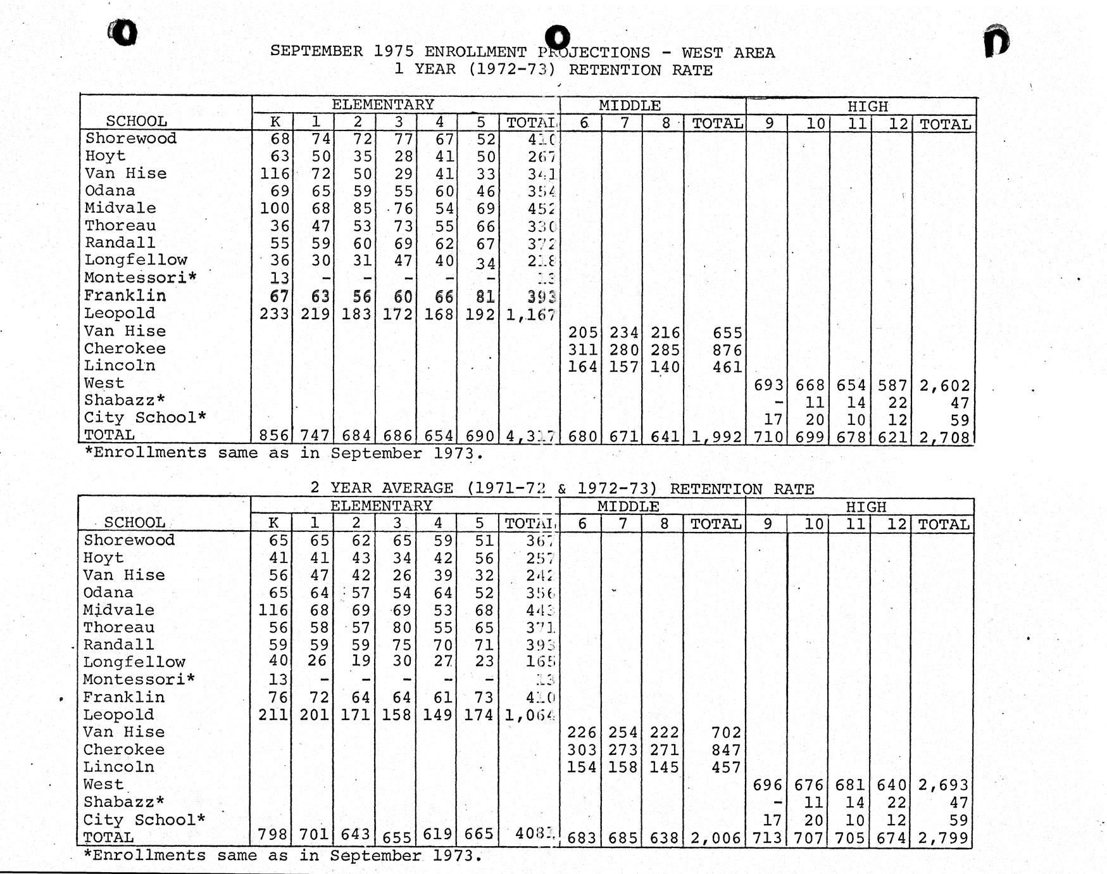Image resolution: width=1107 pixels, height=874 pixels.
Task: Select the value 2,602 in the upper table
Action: coord(944,386)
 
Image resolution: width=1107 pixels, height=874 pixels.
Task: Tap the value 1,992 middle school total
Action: coord(716,436)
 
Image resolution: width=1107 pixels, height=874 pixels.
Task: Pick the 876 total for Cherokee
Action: coord(727,350)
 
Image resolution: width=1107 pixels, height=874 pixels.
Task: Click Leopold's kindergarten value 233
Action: coord(274,314)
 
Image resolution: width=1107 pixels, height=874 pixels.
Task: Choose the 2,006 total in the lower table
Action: coord(715,839)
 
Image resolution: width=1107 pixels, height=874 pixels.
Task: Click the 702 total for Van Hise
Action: coord(725,733)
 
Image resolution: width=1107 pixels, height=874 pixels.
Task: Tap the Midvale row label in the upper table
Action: coord(120,208)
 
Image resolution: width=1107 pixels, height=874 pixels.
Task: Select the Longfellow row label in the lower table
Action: coord(134,662)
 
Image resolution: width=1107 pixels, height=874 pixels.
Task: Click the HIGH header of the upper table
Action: coord(867,106)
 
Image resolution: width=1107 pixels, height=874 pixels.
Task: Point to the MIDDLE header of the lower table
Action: coord(628,507)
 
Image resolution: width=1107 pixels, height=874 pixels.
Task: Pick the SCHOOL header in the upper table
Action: coord(136,121)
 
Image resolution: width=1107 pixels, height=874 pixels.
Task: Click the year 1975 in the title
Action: coord(393,51)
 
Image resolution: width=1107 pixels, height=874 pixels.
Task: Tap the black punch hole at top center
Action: coord(557,35)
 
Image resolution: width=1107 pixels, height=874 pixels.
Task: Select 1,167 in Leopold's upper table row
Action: coord(530,314)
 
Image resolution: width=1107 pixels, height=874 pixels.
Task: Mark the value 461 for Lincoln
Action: coord(727,367)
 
